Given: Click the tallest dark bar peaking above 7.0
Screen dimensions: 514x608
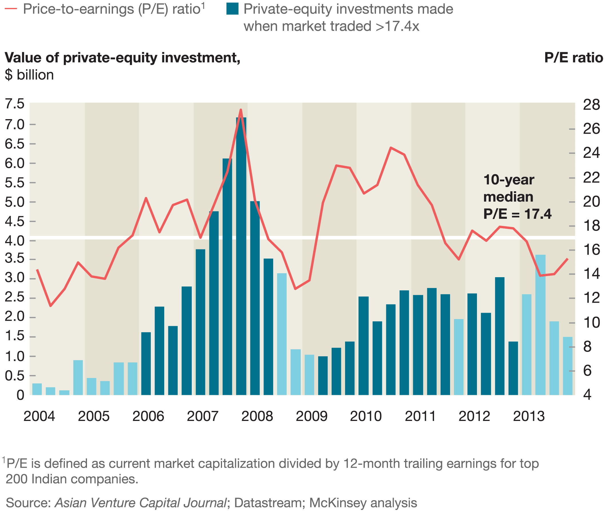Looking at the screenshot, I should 241,256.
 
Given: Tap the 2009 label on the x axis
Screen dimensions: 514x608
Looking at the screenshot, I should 311,416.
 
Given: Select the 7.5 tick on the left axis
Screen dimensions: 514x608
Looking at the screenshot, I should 15,104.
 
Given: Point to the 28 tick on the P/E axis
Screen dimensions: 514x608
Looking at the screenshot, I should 591,105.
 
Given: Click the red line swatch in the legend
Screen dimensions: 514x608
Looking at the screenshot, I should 11,9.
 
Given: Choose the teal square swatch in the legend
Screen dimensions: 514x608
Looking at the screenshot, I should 232,9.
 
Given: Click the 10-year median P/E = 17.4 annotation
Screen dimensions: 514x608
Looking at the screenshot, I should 517,197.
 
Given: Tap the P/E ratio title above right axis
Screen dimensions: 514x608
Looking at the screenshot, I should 573,58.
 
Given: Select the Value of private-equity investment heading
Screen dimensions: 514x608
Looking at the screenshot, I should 122,58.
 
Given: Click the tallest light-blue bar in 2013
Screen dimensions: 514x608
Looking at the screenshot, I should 540,325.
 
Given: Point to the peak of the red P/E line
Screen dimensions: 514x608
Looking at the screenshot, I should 241,110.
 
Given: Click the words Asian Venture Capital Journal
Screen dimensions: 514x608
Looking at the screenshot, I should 141,503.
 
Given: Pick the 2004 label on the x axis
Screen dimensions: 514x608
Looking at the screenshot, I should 39,416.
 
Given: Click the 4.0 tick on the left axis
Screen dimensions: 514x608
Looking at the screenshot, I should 15,241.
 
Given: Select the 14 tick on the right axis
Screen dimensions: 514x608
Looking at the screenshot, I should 591,274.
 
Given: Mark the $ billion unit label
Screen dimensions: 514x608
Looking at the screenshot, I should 29,75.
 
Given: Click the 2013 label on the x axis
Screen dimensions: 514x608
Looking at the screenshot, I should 528,416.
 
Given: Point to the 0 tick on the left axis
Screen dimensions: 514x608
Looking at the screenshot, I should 20,395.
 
